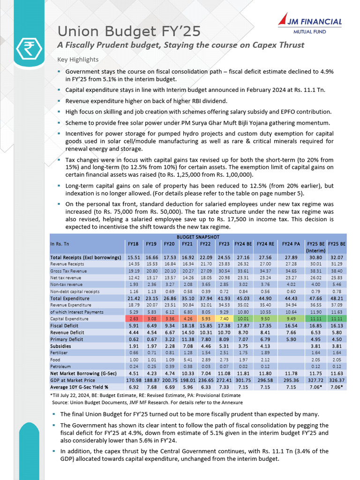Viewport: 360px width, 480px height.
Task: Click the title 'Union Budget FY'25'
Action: [x=129, y=31]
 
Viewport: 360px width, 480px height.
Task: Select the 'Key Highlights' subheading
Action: [x=78, y=60]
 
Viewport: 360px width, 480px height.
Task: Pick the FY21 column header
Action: [x=186, y=244]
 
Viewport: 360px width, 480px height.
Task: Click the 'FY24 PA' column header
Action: [x=291, y=244]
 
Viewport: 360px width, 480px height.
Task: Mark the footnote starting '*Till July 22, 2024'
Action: [x=145, y=396]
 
